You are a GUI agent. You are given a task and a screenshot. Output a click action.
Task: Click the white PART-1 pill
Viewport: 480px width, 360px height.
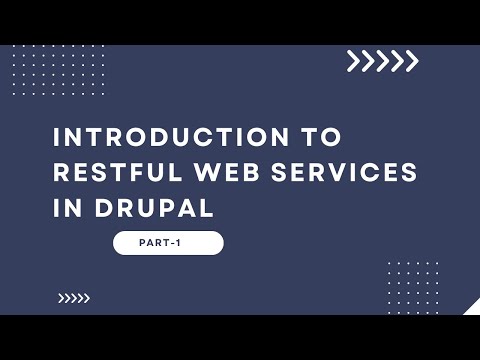coord(168,243)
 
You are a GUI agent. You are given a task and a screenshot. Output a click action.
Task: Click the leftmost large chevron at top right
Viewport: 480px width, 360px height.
coord(354,62)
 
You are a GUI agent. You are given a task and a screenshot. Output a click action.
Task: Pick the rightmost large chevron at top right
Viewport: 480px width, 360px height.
coord(411,62)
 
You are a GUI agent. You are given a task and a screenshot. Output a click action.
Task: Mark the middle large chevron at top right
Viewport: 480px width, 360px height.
coord(382,62)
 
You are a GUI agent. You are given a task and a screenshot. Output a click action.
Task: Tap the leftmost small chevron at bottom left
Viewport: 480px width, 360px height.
coord(61,297)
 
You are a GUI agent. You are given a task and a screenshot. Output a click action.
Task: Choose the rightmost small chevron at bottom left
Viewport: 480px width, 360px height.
coord(86,297)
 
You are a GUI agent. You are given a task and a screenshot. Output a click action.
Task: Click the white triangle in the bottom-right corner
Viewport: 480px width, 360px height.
coord(473,307)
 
